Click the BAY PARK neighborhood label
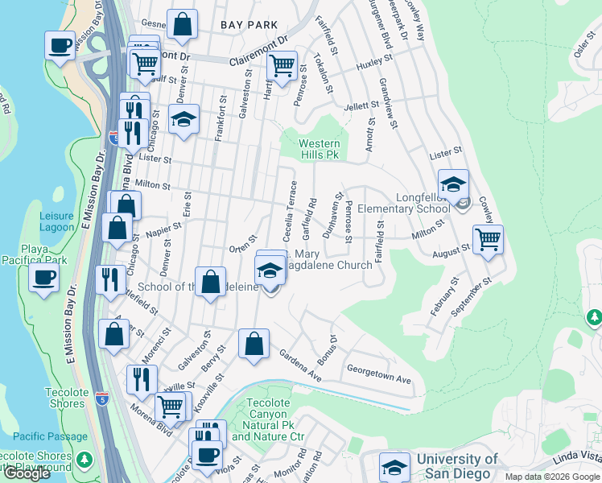249,26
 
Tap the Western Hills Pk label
320,150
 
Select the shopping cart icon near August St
487,238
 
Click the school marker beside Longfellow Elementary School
453,184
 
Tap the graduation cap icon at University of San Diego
394,467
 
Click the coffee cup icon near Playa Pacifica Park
43,278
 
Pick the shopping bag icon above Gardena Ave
254,344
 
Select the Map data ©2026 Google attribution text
552,477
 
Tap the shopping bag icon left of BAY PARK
183,26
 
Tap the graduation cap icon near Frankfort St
184,122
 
